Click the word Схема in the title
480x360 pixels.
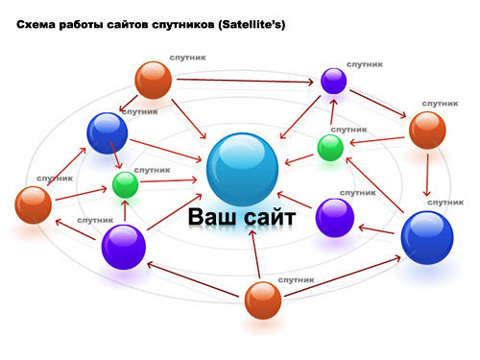click(36, 25)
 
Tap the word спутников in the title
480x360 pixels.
click(182, 25)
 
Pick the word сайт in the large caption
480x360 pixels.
click(270, 218)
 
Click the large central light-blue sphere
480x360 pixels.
click(242, 170)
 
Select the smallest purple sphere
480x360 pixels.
click(333, 81)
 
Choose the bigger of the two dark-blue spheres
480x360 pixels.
click(427, 237)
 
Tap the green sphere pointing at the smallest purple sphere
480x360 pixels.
click(330, 148)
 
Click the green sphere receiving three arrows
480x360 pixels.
click(126, 184)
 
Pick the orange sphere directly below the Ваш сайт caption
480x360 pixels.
click(263, 300)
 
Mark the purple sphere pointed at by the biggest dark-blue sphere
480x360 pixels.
click(335, 218)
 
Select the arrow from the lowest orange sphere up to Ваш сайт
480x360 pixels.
click(255, 254)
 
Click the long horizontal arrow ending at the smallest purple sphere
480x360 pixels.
click(245, 81)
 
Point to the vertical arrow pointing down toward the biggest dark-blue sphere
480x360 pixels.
click(427, 175)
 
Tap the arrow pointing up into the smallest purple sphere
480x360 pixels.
click(333, 112)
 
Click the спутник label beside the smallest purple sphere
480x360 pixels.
click(365, 64)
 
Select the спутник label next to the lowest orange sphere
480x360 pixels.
click(296, 280)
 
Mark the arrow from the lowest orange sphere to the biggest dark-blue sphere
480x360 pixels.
click(343, 276)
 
